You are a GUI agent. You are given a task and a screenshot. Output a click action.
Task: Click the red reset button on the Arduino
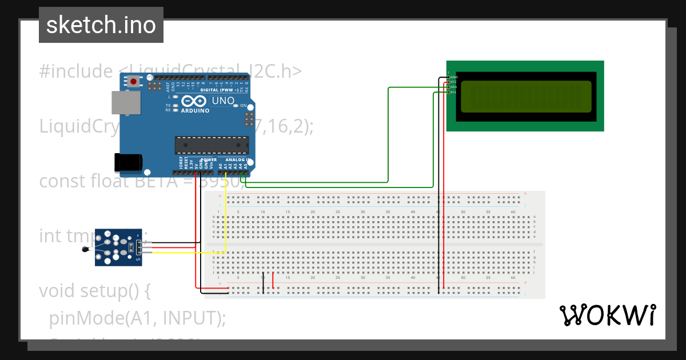coord(134,82)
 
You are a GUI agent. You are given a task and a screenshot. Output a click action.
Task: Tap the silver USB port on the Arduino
coord(125,103)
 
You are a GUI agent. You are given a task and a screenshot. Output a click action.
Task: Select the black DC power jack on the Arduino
coord(128,162)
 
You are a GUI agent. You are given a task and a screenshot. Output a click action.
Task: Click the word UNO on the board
coord(223,101)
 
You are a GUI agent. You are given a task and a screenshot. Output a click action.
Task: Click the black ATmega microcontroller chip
coord(212,146)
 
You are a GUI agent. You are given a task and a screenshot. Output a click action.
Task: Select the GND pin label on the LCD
coord(454,77)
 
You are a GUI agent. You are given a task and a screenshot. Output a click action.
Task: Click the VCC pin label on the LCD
coord(453,82)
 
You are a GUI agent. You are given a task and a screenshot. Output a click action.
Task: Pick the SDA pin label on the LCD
coord(453,87)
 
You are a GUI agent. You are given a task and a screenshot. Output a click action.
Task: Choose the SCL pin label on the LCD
coord(453,92)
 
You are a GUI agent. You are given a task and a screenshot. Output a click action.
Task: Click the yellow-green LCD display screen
coord(526,96)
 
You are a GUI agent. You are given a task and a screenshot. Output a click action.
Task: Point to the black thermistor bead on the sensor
coord(85,249)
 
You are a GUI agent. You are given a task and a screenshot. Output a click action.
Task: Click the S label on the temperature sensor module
coord(138,260)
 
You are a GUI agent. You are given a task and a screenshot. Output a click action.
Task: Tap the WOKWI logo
coord(607,315)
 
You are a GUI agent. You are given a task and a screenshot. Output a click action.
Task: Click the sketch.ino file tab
coord(101,25)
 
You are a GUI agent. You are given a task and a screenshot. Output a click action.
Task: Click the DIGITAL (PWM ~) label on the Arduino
coord(221,90)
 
